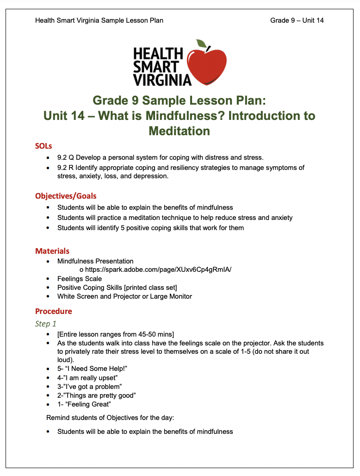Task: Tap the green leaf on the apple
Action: (201, 44)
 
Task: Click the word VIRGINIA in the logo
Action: (162, 80)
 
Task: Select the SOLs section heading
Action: (43, 146)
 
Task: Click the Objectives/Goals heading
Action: (66, 196)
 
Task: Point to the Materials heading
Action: (52, 251)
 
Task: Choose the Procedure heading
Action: (54, 311)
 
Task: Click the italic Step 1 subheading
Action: (46, 324)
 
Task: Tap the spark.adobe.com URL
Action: (158, 270)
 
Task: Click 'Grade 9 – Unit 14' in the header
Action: (297, 20)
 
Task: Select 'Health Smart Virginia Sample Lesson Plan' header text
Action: (99, 20)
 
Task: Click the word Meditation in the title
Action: (179, 131)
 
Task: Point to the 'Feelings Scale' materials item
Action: (80, 279)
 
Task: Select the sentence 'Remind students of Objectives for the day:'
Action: (110, 418)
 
